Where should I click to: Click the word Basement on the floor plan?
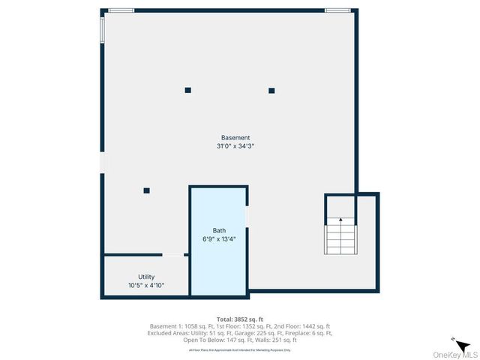click(x=235, y=138)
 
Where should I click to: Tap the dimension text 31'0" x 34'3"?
click(x=235, y=146)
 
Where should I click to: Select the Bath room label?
click(x=219, y=231)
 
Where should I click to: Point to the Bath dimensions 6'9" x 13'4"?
click(x=219, y=239)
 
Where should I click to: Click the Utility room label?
click(x=146, y=277)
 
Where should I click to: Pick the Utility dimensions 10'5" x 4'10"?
click(x=146, y=286)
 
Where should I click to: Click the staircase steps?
click(x=340, y=238)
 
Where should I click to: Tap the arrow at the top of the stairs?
click(x=340, y=220)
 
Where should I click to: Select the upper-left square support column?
click(x=188, y=90)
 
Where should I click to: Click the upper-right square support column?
click(x=271, y=90)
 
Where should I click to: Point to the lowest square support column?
click(x=147, y=190)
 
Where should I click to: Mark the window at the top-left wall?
click(x=121, y=10)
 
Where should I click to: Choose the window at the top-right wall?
click(x=337, y=10)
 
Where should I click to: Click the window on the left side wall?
click(x=103, y=29)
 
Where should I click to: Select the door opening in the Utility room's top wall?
click(x=173, y=256)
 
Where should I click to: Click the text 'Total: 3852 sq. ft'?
click(x=240, y=319)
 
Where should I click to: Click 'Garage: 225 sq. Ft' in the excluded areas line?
click(x=277, y=333)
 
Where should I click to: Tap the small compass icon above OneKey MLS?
click(x=454, y=338)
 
